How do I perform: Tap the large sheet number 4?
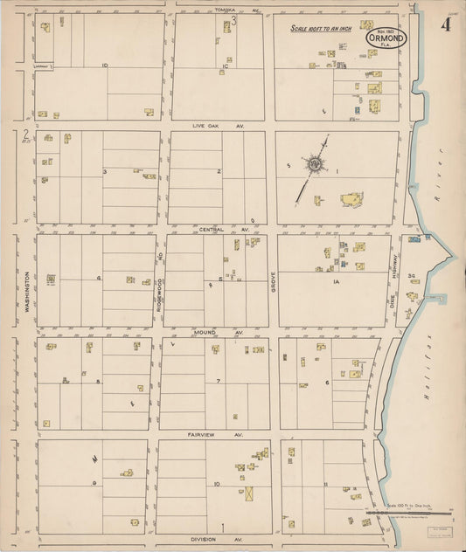[445, 24]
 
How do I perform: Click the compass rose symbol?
[313, 164]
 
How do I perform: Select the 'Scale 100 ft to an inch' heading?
[326, 29]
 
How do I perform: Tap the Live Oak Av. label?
[219, 126]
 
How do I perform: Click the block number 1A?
[335, 282]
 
